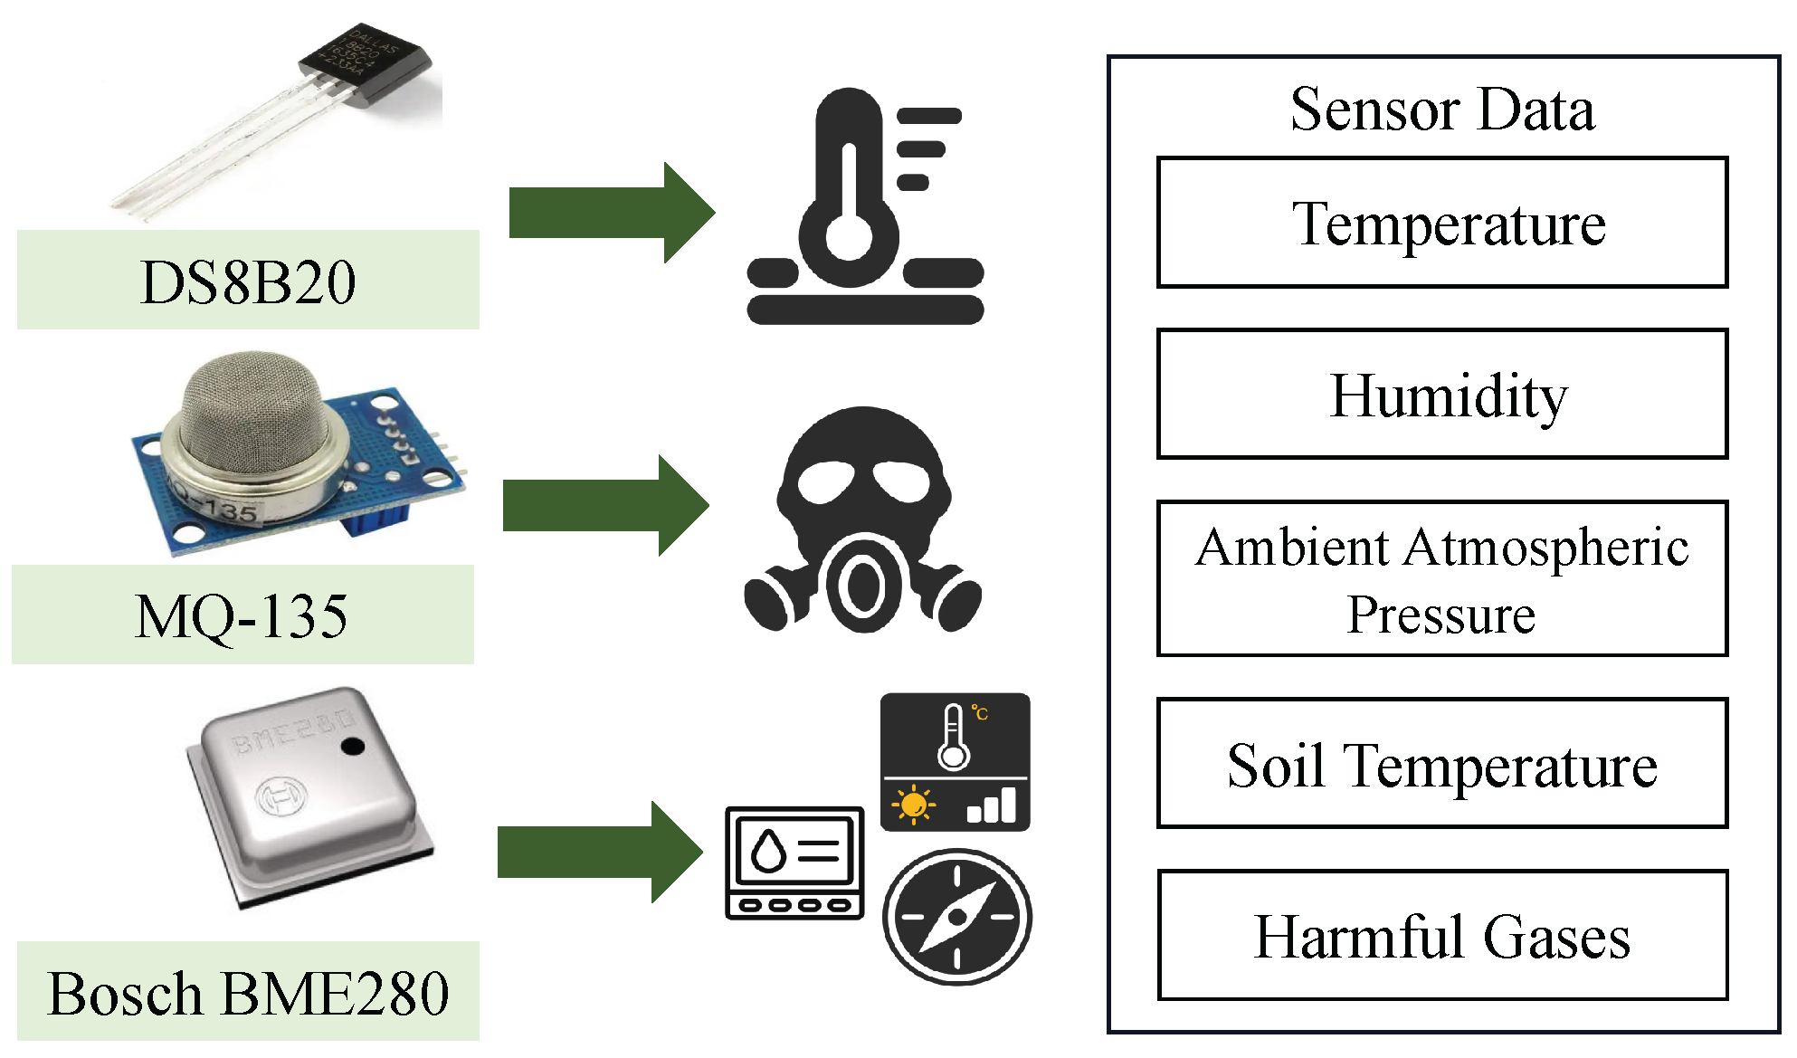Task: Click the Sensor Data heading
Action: pos(1442,110)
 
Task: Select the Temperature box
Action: pos(1442,223)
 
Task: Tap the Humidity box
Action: pos(1442,395)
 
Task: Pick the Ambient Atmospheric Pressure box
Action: pos(1442,578)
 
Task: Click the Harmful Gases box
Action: pos(1442,935)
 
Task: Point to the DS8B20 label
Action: pos(248,281)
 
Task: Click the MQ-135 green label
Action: pos(242,615)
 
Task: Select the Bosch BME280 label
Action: pos(248,992)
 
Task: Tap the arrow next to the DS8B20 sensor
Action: pos(612,213)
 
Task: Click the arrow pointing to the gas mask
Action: pos(605,505)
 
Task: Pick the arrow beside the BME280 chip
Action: pos(600,852)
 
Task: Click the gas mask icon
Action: pos(863,520)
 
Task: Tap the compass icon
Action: pos(957,916)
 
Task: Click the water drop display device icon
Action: pos(794,863)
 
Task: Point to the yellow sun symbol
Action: pos(914,804)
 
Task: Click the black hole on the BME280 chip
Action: pos(352,746)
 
